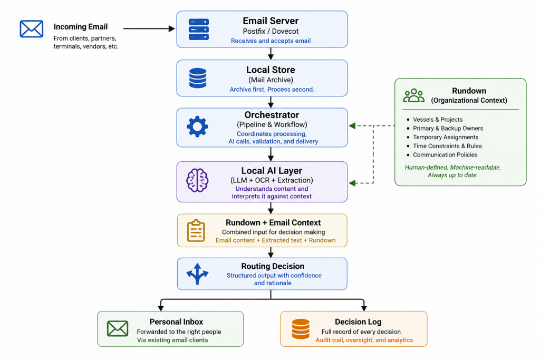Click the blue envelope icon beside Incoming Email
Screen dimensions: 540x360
(31, 28)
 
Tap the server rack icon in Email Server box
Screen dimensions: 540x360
(199, 30)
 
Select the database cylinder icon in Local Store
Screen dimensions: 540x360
(198, 78)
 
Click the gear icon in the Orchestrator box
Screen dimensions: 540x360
(197, 127)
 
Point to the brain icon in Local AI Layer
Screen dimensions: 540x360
(197, 180)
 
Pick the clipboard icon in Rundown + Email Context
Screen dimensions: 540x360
(196, 230)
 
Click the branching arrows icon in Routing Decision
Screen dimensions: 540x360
(197, 274)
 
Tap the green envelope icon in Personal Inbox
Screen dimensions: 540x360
(118, 328)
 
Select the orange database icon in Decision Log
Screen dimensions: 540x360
(301, 329)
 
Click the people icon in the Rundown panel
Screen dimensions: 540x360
(413, 96)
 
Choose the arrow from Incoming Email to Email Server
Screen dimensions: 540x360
(149, 28)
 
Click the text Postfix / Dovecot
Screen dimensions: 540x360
(271, 31)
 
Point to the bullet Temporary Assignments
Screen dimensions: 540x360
(446, 137)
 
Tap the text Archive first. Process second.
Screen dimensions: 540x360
(272, 90)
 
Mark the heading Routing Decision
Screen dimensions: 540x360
(273, 266)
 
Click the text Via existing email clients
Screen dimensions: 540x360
(172, 340)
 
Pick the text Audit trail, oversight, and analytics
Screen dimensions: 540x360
(364, 340)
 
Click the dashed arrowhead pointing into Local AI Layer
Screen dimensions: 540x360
(352, 183)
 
